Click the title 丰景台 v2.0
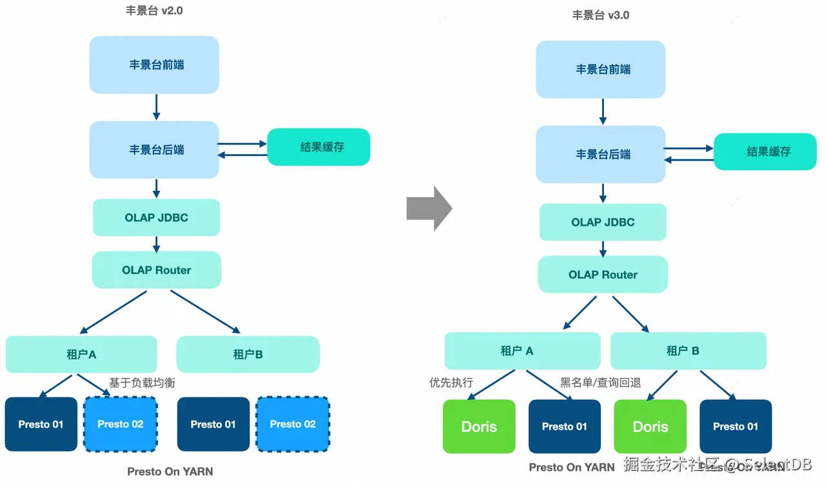tap(154, 11)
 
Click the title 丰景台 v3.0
tap(601, 15)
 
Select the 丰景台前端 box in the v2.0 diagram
tap(154, 65)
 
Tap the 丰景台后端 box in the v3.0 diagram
tap(600, 154)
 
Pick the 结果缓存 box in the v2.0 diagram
tap(319, 147)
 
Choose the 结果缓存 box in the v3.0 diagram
tap(765, 152)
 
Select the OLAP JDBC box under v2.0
tap(156, 217)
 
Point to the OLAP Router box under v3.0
tap(603, 275)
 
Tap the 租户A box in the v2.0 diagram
tap(81, 354)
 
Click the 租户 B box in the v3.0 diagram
tap(688, 351)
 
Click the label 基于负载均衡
tap(142, 383)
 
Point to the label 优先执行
tap(451, 383)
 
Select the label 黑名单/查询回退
tap(600, 383)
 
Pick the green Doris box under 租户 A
tap(479, 426)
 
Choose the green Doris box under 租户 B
tap(650, 426)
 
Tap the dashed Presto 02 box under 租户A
tap(121, 424)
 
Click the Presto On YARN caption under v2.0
tap(170, 472)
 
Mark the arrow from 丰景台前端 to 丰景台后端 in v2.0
tap(156, 107)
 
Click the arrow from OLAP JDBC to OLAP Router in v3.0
tap(603, 248)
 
